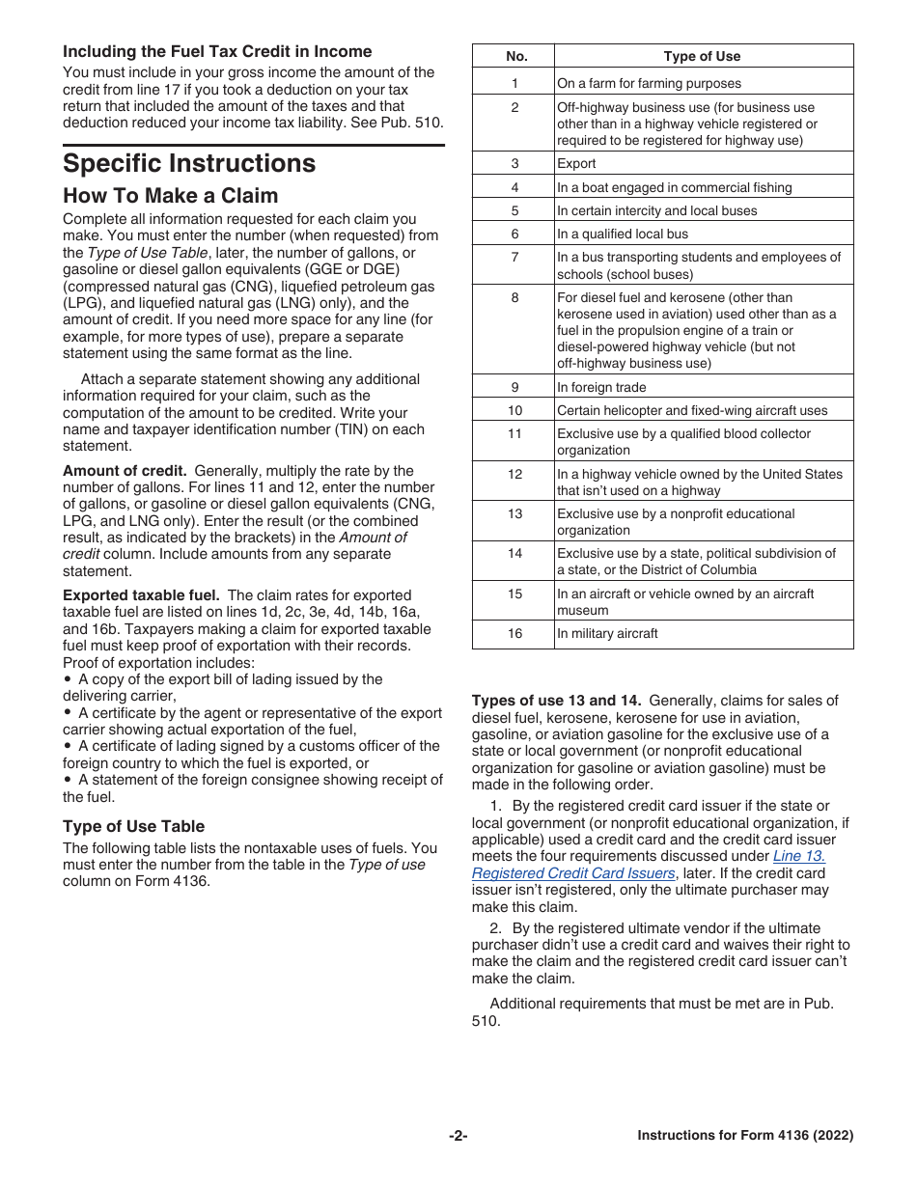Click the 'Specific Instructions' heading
pyautogui.click(x=189, y=163)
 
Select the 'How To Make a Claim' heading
pyautogui.click(x=171, y=196)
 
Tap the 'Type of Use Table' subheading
pyautogui.click(x=134, y=826)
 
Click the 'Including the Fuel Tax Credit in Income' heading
pyautogui.click(x=217, y=51)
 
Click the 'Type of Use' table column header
pyautogui.click(x=702, y=56)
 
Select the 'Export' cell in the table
pyautogui.click(x=576, y=164)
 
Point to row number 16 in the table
pyautogui.click(x=514, y=634)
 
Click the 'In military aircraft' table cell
pyautogui.click(x=607, y=634)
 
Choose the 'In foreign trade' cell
pyautogui.click(x=601, y=387)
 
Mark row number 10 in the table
pyautogui.click(x=514, y=411)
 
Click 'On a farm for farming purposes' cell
pyautogui.click(x=649, y=84)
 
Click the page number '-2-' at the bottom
pyautogui.click(x=458, y=1136)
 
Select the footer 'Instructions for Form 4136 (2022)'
pyautogui.click(x=745, y=1136)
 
